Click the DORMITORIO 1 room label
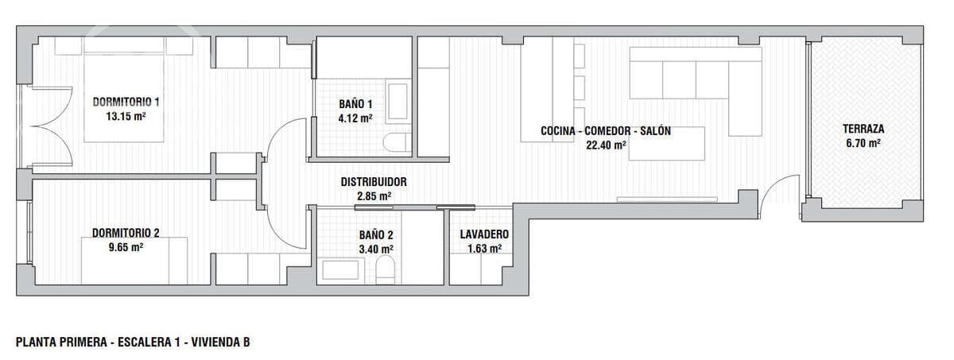click(x=126, y=102)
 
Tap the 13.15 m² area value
click(x=126, y=115)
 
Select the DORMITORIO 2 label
click(x=126, y=233)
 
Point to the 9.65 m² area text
click(x=126, y=246)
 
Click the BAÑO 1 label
click(x=355, y=104)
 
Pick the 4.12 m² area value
click(x=355, y=118)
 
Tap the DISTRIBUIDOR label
click(x=374, y=182)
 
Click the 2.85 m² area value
click(x=374, y=195)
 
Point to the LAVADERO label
click(x=484, y=234)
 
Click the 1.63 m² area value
click(x=484, y=248)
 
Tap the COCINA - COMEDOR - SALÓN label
click(x=606, y=131)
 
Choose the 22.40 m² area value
click(x=606, y=145)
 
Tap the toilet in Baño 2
click(x=386, y=270)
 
